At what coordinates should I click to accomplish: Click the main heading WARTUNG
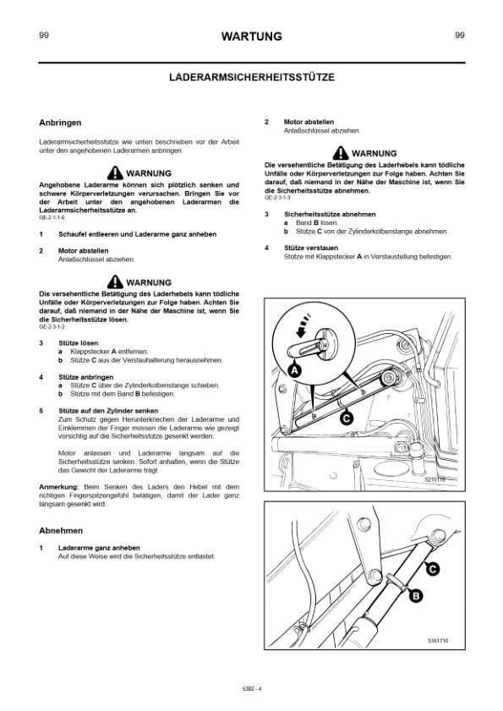tap(251, 36)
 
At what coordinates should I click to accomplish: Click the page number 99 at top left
tap(44, 35)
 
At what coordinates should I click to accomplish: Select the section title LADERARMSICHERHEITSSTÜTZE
tap(252, 77)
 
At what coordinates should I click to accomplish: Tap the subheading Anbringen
tap(60, 123)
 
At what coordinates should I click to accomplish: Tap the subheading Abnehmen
tap(61, 531)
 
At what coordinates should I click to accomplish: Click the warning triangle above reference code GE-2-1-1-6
tap(115, 172)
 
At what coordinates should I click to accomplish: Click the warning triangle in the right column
tap(341, 153)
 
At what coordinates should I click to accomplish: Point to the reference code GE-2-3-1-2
tap(52, 326)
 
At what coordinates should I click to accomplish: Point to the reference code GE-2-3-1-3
tap(277, 198)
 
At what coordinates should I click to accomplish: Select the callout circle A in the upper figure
tap(294, 370)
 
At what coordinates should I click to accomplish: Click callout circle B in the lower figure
tap(416, 596)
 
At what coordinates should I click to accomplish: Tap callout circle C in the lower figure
tap(433, 568)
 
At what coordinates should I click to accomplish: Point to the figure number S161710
tap(438, 641)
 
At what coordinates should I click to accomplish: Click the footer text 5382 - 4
tap(252, 688)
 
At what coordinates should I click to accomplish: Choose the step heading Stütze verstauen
tap(311, 248)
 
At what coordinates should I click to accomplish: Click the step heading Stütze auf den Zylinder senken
tap(108, 411)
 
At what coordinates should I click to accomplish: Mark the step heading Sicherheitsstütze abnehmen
tap(330, 215)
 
